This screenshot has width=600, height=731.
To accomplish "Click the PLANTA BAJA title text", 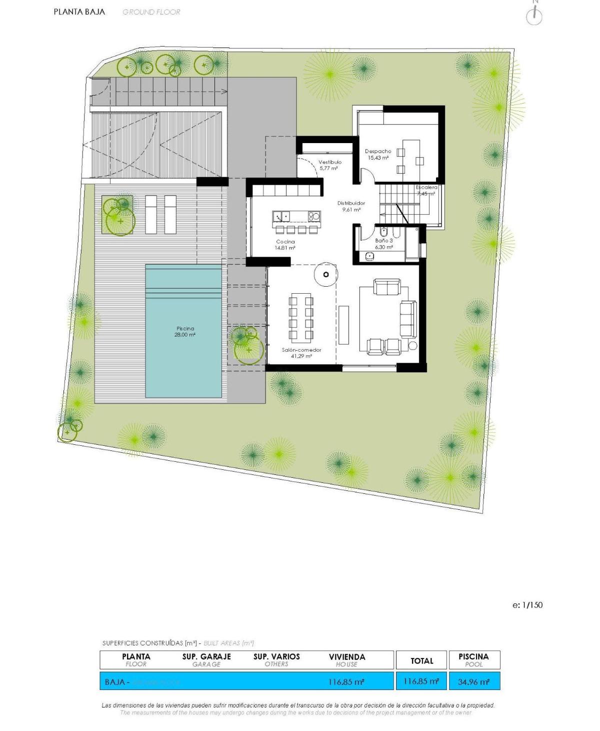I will click(x=79, y=12).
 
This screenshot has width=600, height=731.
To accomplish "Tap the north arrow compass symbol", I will click(x=534, y=15).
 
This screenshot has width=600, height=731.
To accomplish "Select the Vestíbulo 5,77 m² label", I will click(x=329, y=165).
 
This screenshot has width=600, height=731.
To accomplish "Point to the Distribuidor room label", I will click(x=351, y=206).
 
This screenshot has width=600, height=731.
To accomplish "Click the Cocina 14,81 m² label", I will click(x=285, y=245).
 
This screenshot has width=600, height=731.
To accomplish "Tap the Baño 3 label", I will click(x=383, y=244).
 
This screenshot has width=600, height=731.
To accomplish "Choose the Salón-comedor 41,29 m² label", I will click(x=301, y=353).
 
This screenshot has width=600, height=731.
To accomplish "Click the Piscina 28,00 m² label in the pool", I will click(x=184, y=332).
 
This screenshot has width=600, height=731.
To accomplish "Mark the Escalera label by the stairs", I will click(x=426, y=190).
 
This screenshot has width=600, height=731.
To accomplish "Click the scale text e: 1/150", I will click(x=527, y=605).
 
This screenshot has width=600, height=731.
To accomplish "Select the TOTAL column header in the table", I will click(x=422, y=661).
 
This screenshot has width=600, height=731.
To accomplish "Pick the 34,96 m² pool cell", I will click(x=473, y=681).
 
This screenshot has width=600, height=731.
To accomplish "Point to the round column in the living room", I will click(x=326, y=274).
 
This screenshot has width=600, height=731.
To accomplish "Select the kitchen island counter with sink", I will click(x=295, y=217).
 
